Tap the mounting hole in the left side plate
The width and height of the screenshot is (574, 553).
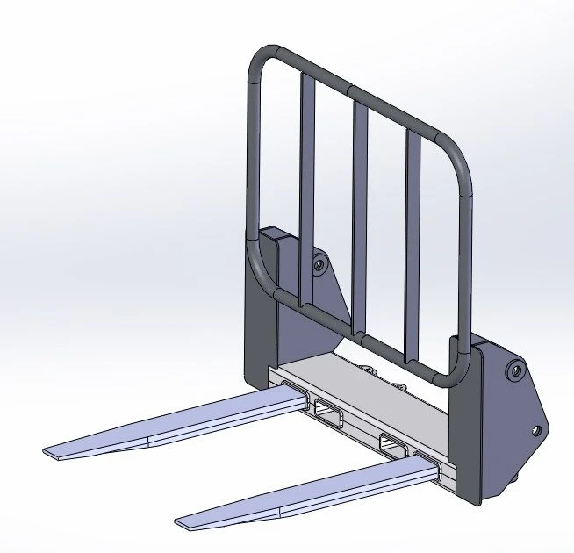point(318,262)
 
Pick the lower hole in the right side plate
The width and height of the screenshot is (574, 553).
point(535,431)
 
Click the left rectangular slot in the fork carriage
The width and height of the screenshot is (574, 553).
point(326,410)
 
